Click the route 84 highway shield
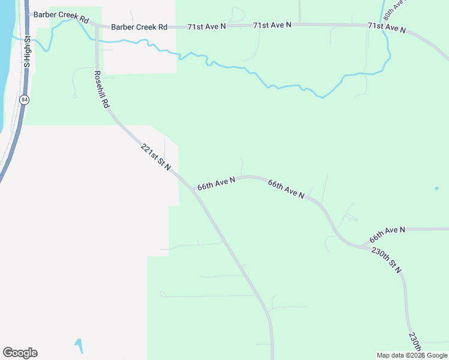coord(23,100)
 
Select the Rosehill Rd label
coord(101,89)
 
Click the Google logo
coord(20,353)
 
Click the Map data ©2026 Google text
coord(412,355)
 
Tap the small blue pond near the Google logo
coord(79,346)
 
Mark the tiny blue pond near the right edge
coord(436,188)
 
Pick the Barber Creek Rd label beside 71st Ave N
coord(139,27)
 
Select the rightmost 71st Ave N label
coord(387,27)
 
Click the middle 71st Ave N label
coord(272,25)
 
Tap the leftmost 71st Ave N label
coord(206,27)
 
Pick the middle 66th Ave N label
coord(286,188)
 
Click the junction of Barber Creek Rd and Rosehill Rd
coord(96,27)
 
